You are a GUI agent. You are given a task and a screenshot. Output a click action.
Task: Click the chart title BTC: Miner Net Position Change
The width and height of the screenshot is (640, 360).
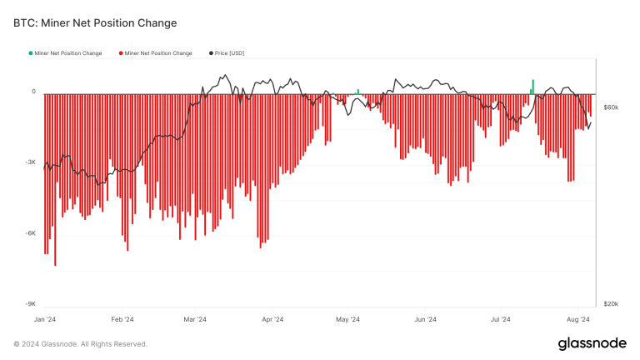tap(95, 22)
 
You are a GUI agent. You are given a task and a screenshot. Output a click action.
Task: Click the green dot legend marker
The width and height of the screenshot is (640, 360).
tap(31, 53)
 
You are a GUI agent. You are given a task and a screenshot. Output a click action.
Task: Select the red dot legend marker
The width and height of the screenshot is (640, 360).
tap(121, 53)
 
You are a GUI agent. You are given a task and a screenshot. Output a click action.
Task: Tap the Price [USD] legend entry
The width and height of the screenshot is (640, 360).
tap(226, 53)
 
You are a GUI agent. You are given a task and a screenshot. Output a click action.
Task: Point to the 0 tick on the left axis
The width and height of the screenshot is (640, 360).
tap(33, 92)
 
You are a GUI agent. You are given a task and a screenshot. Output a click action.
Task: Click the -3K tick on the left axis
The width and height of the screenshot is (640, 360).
tap(31, 162)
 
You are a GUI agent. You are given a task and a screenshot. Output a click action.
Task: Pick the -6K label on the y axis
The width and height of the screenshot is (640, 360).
tap(31, 233)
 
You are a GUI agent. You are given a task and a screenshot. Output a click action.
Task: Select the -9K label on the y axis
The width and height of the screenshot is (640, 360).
tap(31, 304)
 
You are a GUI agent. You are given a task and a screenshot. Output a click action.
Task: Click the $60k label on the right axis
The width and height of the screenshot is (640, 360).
tap(611, 107)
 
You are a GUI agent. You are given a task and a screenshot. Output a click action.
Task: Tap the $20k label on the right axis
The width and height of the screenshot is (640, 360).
tap(611, 304)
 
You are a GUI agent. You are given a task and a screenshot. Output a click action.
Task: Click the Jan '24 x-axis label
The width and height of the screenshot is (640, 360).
tap(45, 319)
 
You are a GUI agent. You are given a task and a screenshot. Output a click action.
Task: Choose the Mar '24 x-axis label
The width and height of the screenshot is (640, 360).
tap(196, 319)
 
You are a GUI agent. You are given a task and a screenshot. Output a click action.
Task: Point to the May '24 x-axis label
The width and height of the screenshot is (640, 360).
tap(347, 319)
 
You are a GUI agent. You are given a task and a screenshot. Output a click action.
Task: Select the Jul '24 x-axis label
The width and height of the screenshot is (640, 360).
tap(501, 319)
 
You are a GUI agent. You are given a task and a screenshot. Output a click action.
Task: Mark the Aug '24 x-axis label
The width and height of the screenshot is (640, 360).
tap(578, 319)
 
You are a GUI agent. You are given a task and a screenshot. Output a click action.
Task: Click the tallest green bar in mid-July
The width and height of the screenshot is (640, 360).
tap(533, 86)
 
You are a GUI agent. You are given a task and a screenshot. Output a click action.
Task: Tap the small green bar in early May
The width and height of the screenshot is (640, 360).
tap(357, 91)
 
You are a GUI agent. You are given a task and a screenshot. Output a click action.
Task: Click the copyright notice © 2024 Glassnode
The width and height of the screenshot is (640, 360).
tap(81, 344)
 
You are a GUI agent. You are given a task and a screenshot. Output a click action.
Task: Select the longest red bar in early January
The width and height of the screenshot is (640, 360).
tap(55, 179)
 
